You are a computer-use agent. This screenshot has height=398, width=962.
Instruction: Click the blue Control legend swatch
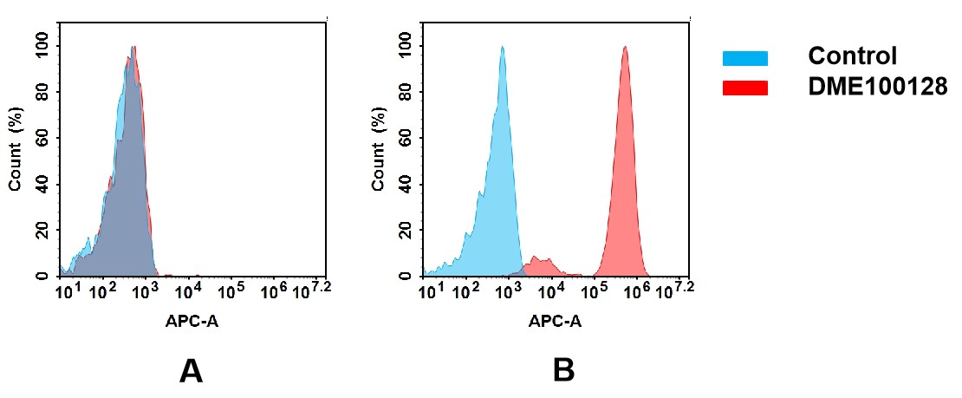tap(744, 58)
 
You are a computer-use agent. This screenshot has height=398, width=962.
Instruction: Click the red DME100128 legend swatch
tap(744, 88)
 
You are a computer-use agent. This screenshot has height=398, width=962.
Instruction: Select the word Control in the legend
tap(852, 57)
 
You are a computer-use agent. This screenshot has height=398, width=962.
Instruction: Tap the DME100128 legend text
tap(877, 87)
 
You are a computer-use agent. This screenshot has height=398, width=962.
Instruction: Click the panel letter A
tap(191, 371)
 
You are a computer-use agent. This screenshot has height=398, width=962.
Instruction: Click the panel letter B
tap(563, 371)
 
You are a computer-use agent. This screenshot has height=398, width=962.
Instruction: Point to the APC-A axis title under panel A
tap(191, 322)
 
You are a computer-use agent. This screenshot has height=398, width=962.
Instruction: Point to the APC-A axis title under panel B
tap(555, 322)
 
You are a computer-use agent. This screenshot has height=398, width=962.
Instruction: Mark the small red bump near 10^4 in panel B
tap(543, 265)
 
